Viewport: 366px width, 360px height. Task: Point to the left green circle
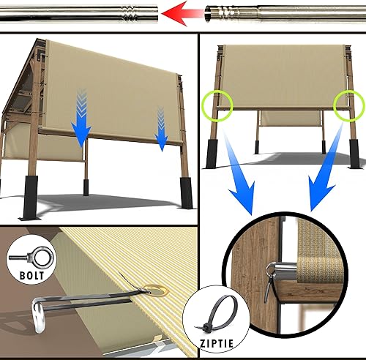point(218,104)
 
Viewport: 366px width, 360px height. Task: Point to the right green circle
point(347,105)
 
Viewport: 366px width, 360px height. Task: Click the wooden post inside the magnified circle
point(253,285)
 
